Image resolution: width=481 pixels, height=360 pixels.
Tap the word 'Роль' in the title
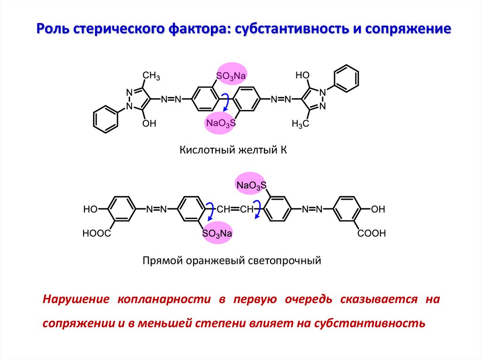tap(53, 30)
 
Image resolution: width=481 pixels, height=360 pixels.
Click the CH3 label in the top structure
tap(151, 76)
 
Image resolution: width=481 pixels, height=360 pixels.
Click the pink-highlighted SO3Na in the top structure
tap(231, 75)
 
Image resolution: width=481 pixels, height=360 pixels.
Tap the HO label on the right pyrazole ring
tap(303, 75)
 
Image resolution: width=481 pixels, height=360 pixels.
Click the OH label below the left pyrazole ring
tap(149, 124)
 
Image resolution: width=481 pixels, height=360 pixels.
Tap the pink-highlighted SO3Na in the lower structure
tap(217, 233)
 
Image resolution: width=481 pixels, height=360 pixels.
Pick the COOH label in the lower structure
tap(371, 233)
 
